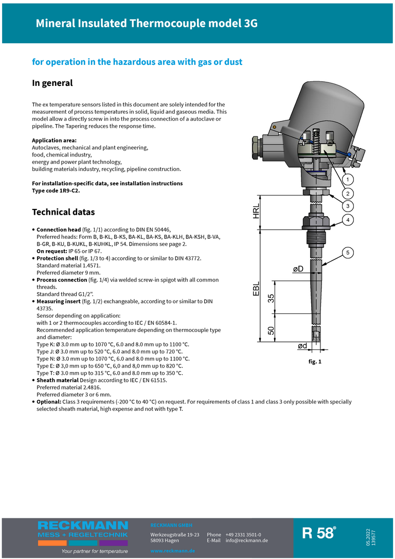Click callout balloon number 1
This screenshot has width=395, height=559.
pyautogui.click(x=348, y=180)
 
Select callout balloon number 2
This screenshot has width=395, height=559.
pyautogui.click(x=348, y=194)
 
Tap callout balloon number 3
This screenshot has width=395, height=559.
pyautogui.click(x=348, y=206)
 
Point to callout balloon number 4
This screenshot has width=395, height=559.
pyautogui.click(x=348, y=220)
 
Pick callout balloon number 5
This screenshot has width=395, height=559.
pyautogui.click(x=348, y=252)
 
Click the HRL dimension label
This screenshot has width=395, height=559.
pyautogui.click(x=257, y=212)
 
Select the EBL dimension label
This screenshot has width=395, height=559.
pyautogui.click(x=257, y=289)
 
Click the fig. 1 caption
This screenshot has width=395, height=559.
pyautogui.click(x=315, y=362)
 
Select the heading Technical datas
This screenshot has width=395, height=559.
pyautogui.click(x=63, y=212)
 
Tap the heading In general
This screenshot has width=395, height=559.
pyautogui.click(x=52, y=83)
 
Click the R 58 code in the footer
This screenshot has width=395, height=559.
pyautogui.click(x=318, y=533)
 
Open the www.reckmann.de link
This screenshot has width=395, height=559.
pyautogui.click(x=172, y=551)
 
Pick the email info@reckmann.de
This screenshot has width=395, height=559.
pyautogui.click(x=246, y=540)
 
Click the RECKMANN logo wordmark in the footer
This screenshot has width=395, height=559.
pyautogui.click(x=83, y=525)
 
